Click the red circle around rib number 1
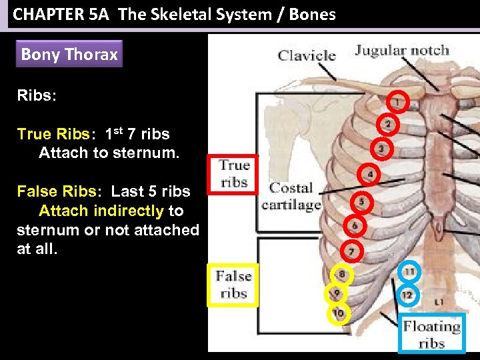click(x=397, y=102)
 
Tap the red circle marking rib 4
click(x=369, y=175)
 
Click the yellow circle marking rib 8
click(x=341, y=273)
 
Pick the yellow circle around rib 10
click(x=339, y=313)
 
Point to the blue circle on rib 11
click(x=409, y=272)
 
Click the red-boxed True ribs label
click(x=233, y=174)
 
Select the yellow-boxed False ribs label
click(x=233, y=285)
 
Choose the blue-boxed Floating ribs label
click(x=431, y=334)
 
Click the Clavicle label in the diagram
click(x=306, y=55)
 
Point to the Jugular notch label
click(x=402, y=50)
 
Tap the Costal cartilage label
click(x=291, y=197)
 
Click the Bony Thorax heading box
click(x=69, y=55)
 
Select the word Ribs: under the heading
click(x=37, y=95)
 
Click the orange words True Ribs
click(x=56, y=134)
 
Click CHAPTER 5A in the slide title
click(x=55, y=14)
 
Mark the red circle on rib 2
click(x=388, y=125)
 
